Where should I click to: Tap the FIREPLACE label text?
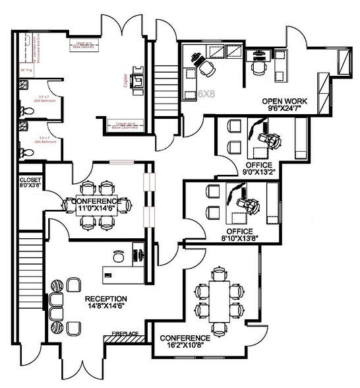125,334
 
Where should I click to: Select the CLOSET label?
30,179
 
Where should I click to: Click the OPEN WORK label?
285,101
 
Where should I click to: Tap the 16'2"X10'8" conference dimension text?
187,347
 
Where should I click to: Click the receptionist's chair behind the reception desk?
119,254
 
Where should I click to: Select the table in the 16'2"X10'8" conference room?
218,298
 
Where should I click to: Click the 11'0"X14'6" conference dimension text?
96,209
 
